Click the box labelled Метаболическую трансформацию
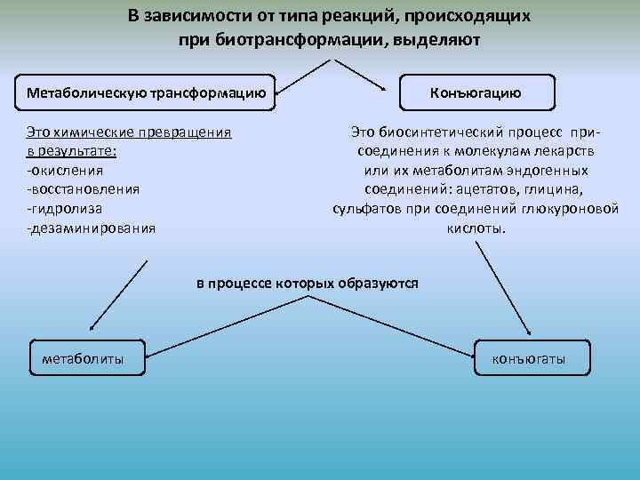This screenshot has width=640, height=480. pos(147,92)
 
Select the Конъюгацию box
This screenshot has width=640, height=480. pos(476,92)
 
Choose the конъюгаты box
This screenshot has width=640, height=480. pos(529,359)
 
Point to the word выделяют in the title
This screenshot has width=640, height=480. pos(436,40)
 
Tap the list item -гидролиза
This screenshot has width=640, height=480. pos(64,208)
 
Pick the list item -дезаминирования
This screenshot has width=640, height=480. pos(91,228)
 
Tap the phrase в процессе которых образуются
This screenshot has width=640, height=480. pos(308,283)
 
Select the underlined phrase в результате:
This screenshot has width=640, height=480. pos(77,151)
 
